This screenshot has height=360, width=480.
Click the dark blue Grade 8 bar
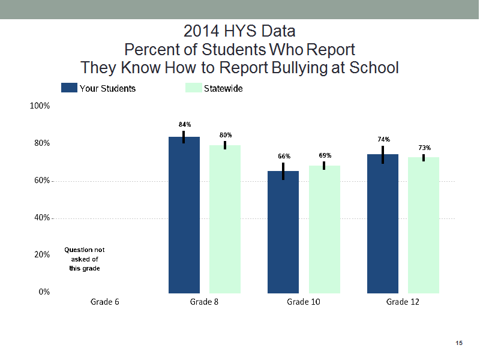pyautogui.click(x=184, y=215)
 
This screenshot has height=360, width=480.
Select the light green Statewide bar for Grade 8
pyautogui.click(x=224, y=219)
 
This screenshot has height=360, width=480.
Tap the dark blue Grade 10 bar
pyautogui.click(x=283, y=232)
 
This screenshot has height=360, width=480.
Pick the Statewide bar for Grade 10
pyautogui.click(x=325, y=229)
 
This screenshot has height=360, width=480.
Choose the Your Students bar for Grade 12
pyautogui.click(x=383, y=224)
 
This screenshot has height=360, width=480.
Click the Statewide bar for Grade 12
pyautogui.click(x=424, y=226)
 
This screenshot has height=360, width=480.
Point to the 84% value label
pyautogui.click(x=185, y=124)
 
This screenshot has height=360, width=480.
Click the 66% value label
pyautogui.click(x=284, y=156)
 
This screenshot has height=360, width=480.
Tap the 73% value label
pyautogui.click(x=425, y=148)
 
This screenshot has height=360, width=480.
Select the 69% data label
pyautogui.click(x=325, y=155)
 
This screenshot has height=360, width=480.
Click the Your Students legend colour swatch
pyautogui.click(x=69, y=88)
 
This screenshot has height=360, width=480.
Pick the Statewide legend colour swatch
pyautogui.click(x=193, y=88)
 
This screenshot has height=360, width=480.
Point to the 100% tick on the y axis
pyautogui.click(x=40, y=106)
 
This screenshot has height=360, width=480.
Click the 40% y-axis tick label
pyautogui.click(x=42, y=218)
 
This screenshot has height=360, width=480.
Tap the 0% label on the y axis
pyautogui.click(x=44, y=292)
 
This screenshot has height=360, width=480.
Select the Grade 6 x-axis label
pyautogui.click(x=104, y=302)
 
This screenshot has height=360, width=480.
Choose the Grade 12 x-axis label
pyautogui.click(x=403, y=302)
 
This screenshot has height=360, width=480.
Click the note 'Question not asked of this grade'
pyautogui.click(x=85, y=259)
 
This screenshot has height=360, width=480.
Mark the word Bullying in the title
pyautogui.click(x=299, y=68)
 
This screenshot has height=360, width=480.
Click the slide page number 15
pyautogui.click(x=459, y=343)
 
